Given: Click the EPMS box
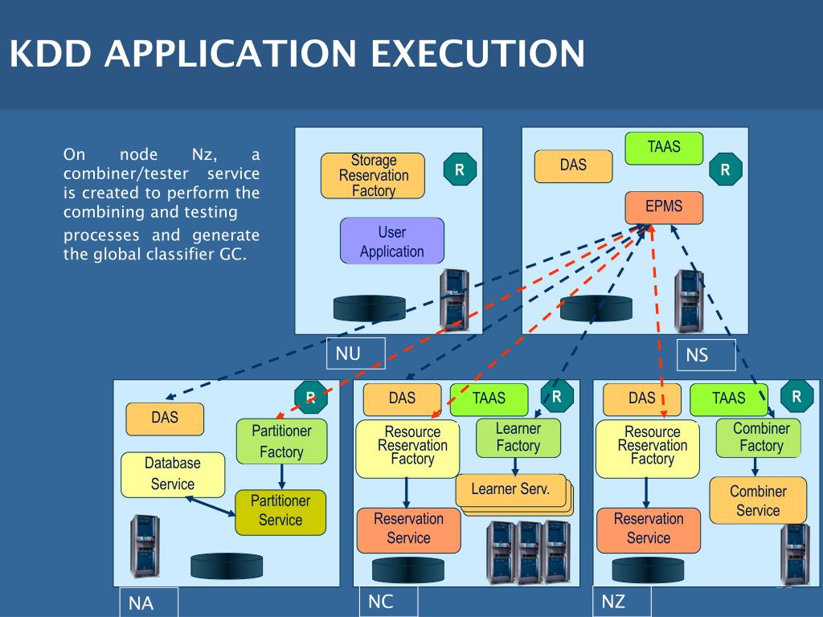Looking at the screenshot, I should tap(663, 206).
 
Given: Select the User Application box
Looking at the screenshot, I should tap(392, 241).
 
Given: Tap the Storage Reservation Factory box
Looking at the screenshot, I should tap(373, 176).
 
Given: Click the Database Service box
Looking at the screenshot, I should tap(172, 474).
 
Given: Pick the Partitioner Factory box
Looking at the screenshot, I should tap(281, 441).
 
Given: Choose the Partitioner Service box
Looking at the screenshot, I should tap(280, 511).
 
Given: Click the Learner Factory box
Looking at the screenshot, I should tap(518, 437).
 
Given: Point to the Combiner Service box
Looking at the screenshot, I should tap(758, 500).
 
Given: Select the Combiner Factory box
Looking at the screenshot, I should tap(759, 438).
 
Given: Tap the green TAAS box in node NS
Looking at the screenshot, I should tap(664, 148).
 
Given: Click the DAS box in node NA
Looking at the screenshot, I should tap(165, 419).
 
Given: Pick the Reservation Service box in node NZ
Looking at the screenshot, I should tap(649, 529).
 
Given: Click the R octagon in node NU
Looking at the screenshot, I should tap(460, 170).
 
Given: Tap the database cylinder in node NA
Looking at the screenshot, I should tap(227, 566).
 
